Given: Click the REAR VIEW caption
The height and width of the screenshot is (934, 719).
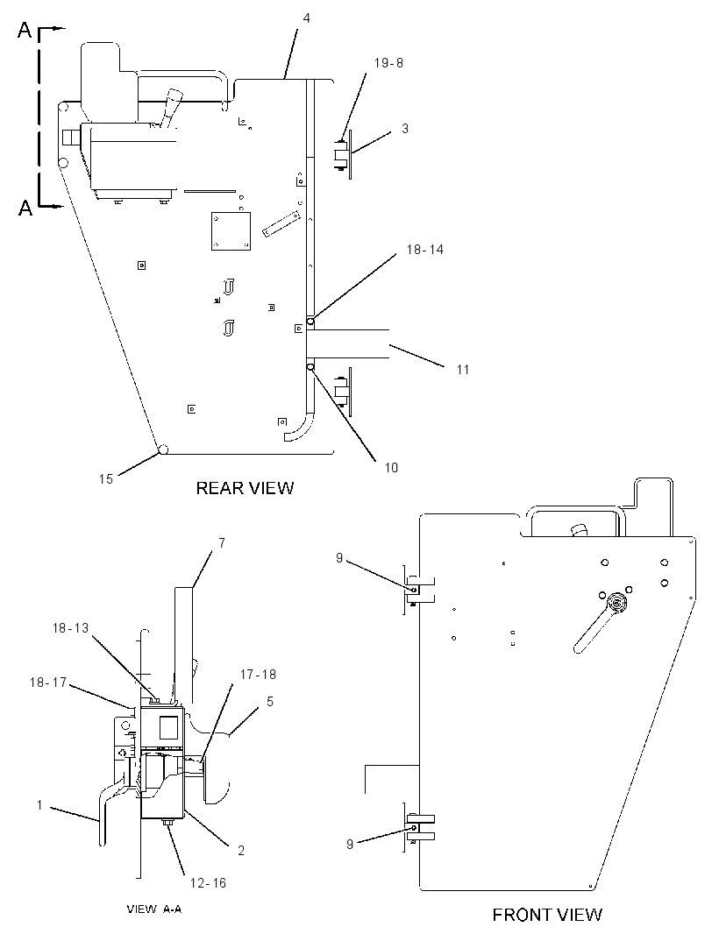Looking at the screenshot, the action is pyautogui.click(x=245, y=488).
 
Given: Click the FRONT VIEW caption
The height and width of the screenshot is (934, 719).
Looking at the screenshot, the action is pyautogui.click(x=547, y=915).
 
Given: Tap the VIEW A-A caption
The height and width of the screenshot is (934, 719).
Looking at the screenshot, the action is pyautogui.click(x=153, y=909).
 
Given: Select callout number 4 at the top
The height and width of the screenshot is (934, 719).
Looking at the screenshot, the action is pyautogui.click(x=306, y=18).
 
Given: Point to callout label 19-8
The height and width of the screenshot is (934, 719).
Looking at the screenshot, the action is pyautogui.click(x=388, y=62).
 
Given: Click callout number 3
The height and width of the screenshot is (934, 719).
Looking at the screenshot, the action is pyautogui.click(x=405, y=128).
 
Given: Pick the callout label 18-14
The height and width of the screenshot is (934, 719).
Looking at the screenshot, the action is pyautogui.click(x=425, y=250).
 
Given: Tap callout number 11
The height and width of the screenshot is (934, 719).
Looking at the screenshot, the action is pyautogui.click(x=463, y=370).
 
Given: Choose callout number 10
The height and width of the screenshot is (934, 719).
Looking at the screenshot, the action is pyautogui.click(x=391, y=468).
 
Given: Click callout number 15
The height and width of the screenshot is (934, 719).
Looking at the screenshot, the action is pyautogui.click(x=105, y=479).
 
